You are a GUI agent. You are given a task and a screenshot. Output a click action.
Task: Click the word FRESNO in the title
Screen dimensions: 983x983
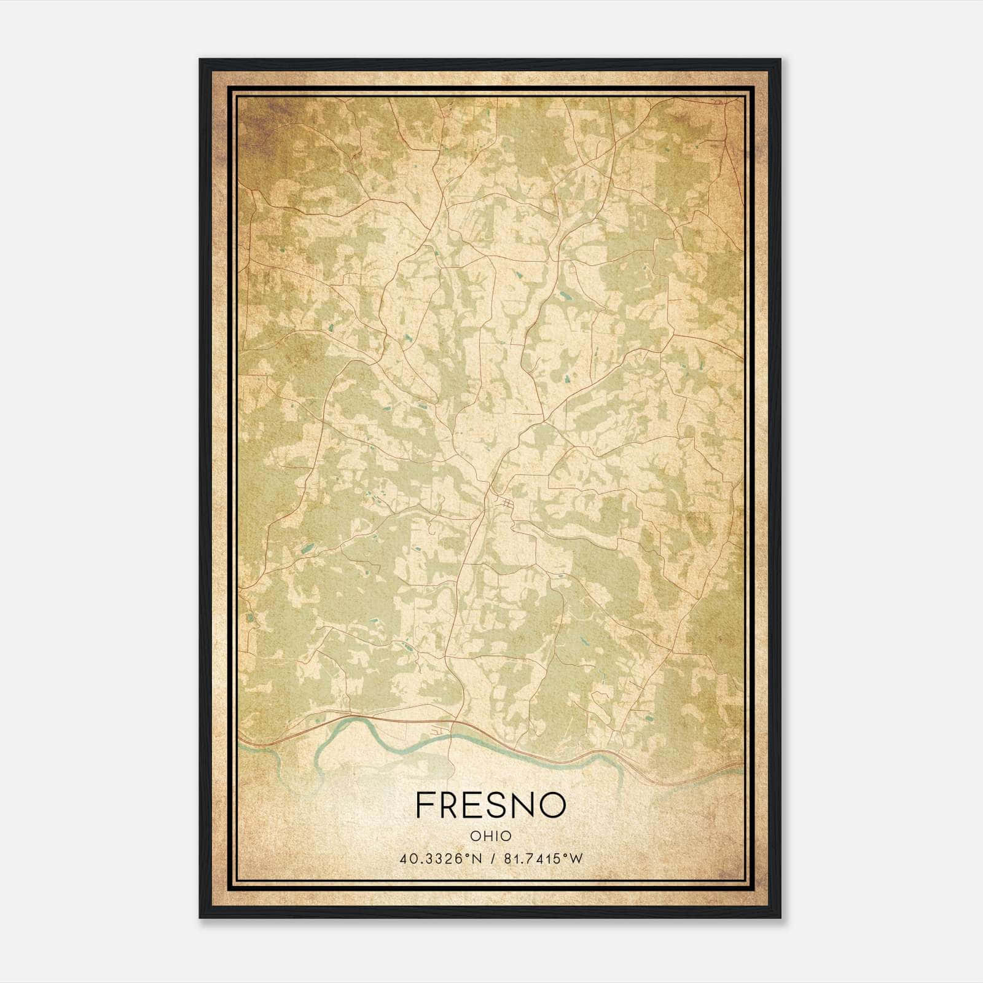[x=490, y=804]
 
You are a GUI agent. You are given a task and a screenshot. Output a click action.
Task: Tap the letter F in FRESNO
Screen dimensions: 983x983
[x=425, y=804]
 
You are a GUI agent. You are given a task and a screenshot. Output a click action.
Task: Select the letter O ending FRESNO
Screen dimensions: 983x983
[x=552, y=804]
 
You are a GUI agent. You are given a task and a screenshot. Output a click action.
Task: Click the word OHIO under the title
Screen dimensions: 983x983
[x=490, y=836]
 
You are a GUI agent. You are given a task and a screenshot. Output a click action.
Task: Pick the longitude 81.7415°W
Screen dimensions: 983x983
[x=542, y=859]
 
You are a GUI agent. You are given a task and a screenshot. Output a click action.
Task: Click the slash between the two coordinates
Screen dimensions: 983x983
[x=491, y=859]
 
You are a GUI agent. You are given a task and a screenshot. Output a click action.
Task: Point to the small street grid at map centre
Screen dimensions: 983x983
[x=507, y=504]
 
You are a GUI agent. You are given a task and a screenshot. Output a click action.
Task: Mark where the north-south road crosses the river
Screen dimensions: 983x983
[x=452, y=737]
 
